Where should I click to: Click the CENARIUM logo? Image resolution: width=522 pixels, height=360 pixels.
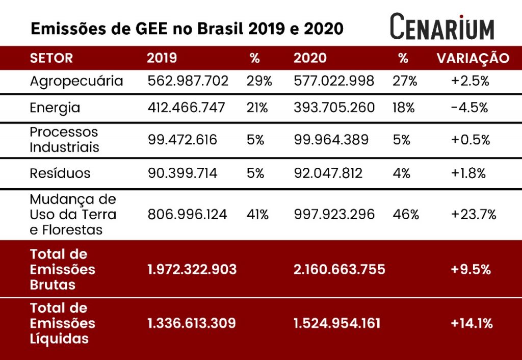442,27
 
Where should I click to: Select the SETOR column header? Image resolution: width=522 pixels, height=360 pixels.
51,58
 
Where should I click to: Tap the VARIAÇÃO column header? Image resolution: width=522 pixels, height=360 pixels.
473,58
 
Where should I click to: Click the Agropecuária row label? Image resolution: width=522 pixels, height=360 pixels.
76,81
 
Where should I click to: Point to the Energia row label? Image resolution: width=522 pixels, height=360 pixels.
55,108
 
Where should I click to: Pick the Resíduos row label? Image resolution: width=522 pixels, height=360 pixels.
60,173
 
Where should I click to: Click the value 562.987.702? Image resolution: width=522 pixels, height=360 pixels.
188,81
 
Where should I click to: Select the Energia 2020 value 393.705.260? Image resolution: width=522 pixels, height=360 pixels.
334,108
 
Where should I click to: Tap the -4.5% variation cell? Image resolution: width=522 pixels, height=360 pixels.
469,108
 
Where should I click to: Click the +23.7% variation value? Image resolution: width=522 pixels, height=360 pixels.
473,214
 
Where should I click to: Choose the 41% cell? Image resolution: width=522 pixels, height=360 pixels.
257,214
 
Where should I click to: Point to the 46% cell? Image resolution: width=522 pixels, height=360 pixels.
406,214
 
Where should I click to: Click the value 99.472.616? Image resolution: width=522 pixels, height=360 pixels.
182,140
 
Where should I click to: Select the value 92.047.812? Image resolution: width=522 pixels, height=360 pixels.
328,173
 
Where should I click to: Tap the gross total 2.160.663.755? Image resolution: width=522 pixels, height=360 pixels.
339,269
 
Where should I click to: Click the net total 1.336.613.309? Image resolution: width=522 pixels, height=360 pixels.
192,323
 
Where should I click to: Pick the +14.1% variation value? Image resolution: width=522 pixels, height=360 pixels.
472,323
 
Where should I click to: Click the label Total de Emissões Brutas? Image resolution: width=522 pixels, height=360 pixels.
63,269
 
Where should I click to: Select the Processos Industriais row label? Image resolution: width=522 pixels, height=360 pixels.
64,140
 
